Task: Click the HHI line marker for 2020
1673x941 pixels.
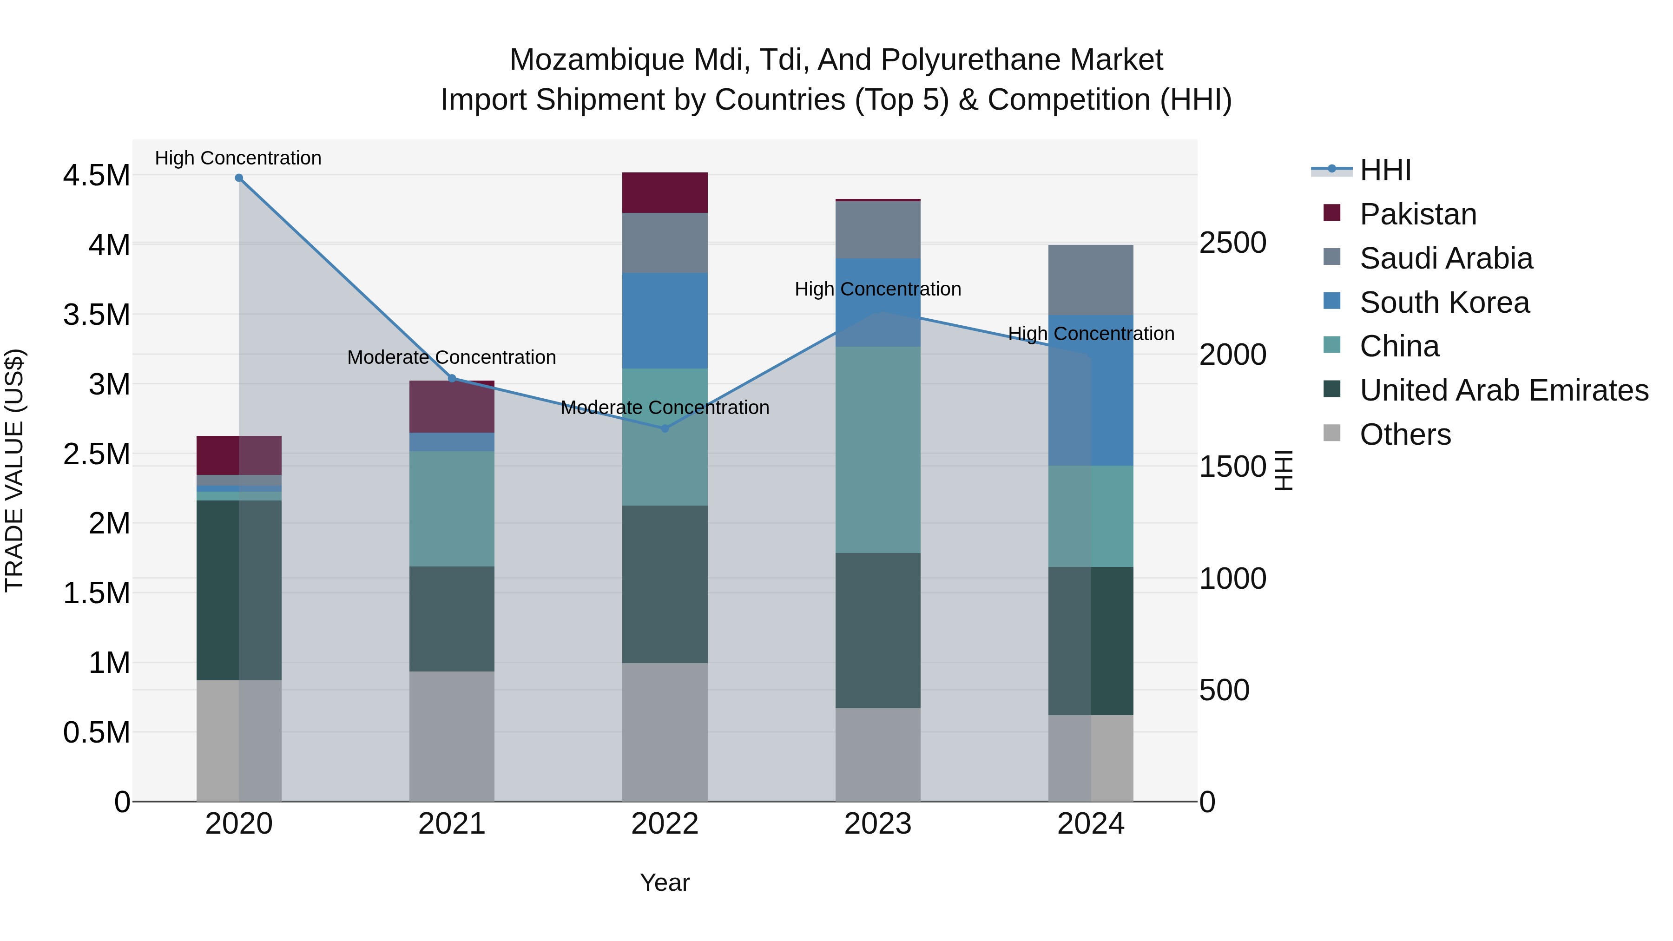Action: point(239,178)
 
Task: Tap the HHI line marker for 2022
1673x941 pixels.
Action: point(665,428)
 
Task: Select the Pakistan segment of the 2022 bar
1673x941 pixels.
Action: point(665,193)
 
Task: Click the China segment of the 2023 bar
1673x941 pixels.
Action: point(877,449)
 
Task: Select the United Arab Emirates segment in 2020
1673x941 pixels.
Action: point(239,590)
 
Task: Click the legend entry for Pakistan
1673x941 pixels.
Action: point(1418,214)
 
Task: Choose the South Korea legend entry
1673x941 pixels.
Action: point(1444,303)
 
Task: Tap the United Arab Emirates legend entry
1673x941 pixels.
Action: point(1503,391)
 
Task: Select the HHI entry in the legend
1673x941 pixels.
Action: point(1385,170)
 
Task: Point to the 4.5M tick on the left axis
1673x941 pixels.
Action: point(96,175)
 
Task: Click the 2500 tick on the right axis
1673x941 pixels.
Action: point(1232,243)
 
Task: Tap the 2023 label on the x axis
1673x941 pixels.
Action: point(877,824)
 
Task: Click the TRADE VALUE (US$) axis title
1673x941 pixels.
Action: point(14,470)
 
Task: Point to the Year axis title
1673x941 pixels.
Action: point(665,882)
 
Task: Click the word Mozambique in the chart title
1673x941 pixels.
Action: point(596,60)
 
